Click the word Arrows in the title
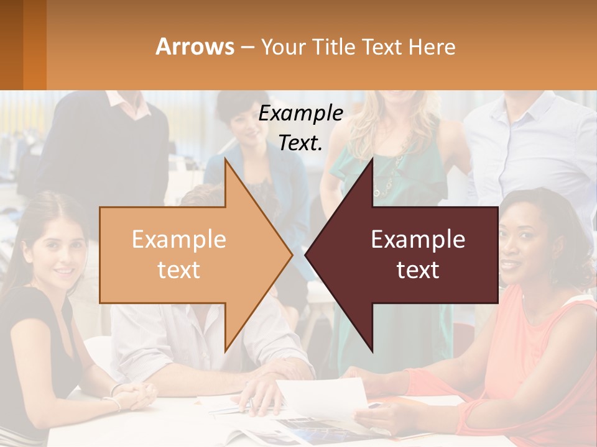point(195,47)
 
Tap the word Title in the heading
point(336,47)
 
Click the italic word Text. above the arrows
point(300,143)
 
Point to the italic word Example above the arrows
point(300,113)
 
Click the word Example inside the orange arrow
point(179,239)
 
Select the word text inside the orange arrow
point(179,270)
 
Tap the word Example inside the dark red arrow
point(418,239)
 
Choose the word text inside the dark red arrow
point(418,270)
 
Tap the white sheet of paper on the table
point(323,397)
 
